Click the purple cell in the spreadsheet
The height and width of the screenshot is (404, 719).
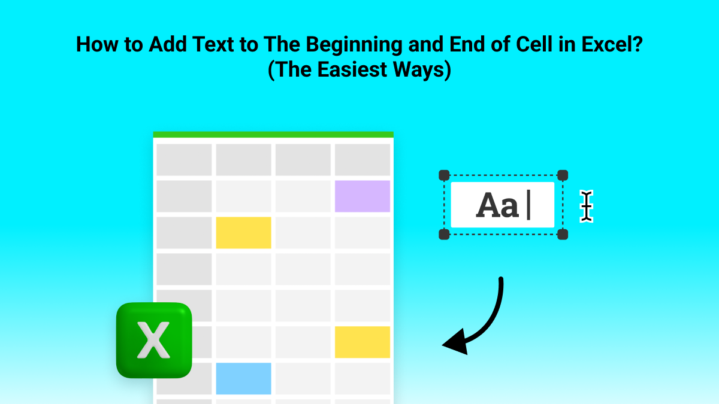click(362, 196)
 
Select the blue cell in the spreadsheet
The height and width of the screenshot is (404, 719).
click(243, 378)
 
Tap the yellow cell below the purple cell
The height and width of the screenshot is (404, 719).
click(362, 342)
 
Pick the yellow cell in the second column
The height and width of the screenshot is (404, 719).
click(243, 233)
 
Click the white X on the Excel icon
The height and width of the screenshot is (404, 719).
click(154, 341)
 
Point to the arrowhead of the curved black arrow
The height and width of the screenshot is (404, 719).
click(454, 343)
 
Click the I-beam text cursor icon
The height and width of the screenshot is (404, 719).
click(586, 206)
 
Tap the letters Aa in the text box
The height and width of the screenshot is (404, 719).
click(497, 206)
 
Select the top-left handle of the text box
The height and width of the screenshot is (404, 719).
click(444, 175)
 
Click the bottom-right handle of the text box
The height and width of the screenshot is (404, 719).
click(562, 235)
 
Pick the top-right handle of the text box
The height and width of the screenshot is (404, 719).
click(562, 175)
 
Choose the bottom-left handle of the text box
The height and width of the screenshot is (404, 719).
click(444, 235)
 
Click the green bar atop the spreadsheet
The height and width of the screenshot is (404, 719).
click(273, 135)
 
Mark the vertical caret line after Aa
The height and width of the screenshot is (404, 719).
click(528, 206)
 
